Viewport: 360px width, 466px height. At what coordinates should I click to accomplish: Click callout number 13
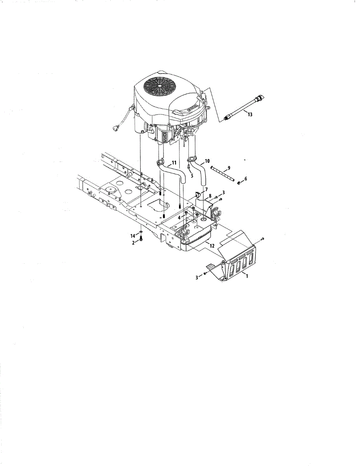[249, 115]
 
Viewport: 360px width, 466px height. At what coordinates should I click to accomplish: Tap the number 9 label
[229, 167]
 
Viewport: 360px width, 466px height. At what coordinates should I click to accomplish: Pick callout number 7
[206, 189]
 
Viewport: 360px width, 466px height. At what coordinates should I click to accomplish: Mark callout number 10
[207, 160]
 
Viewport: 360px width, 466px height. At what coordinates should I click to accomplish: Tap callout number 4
[179, 218]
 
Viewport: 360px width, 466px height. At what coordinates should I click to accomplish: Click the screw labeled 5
[188, 167]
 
